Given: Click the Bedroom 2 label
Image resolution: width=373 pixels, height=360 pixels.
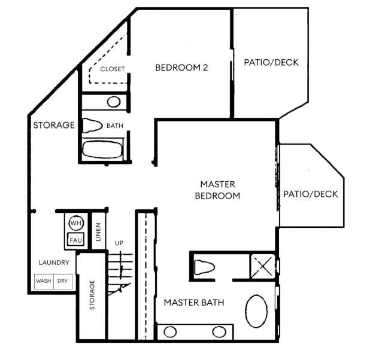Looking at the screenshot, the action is tap(181, 68).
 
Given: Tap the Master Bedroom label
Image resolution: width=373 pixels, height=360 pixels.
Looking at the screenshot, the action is tap(218, 190).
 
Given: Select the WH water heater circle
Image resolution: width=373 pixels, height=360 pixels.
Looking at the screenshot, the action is tap(76, 223).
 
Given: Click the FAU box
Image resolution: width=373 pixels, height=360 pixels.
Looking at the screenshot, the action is tap(76, 240).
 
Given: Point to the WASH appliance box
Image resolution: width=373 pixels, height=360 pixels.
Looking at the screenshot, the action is tap(44, 281).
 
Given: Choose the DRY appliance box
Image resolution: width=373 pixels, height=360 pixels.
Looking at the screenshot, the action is tap(63, 281).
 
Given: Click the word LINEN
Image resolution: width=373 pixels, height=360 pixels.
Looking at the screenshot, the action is tap(98, 232).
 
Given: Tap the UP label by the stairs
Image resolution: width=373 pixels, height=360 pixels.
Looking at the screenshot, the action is tap(119, 243).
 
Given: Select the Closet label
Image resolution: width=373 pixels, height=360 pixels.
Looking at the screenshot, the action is tap(113, 69).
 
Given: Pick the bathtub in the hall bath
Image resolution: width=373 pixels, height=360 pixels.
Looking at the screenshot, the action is tap(102, 150).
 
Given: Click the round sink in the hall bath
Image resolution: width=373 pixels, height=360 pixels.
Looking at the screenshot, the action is tap(114, 102).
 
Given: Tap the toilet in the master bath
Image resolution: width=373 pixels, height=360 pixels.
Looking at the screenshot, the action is tap(205, 267).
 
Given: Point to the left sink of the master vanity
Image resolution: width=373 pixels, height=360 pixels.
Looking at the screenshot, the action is tap(170, 332).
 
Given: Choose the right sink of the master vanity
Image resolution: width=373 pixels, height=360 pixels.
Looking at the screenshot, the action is tap(219, 332).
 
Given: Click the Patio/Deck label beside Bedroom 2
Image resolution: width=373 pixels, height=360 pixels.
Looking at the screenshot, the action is tap(271, 63).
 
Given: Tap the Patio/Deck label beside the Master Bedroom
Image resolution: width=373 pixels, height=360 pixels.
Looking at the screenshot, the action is tap(311, 194).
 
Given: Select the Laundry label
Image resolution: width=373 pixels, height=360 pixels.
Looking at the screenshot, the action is tap(54, 263).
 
